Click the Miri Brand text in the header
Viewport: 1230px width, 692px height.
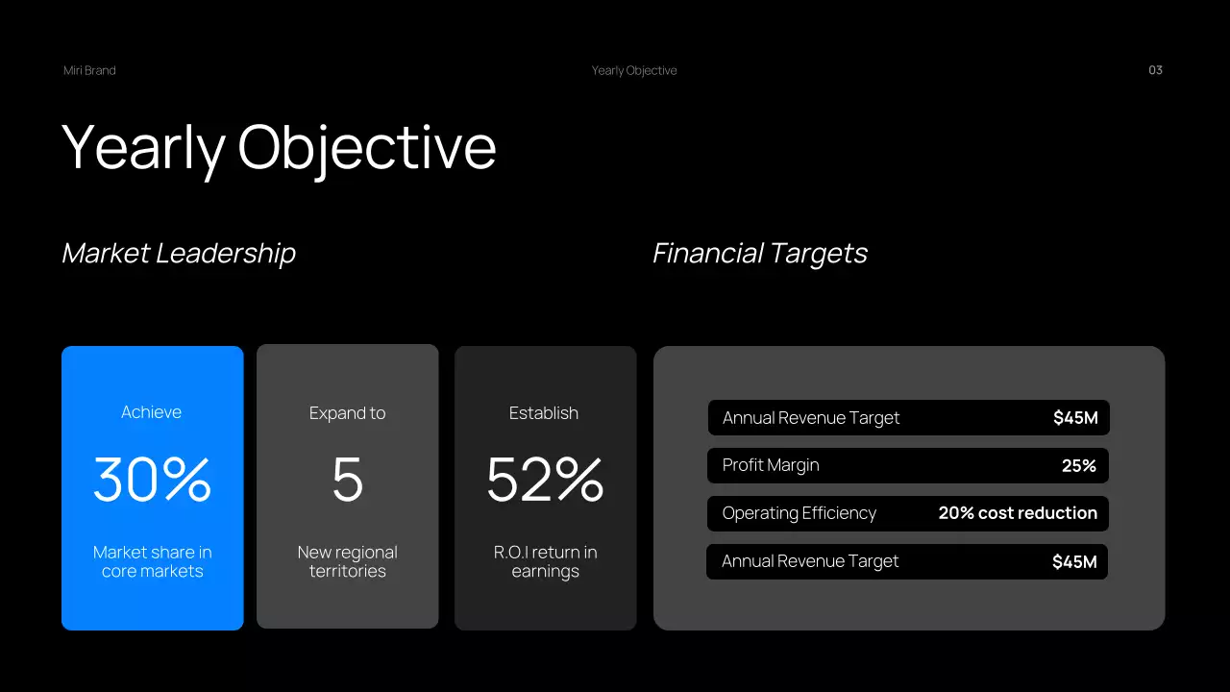tap(89, 70)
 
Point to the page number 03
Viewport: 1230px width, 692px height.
tap(1155, 70)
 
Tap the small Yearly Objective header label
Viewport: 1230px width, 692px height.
tap(634, 70)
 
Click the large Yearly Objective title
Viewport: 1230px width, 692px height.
tap(279, 147)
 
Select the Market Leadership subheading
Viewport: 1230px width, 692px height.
tap(179, 253)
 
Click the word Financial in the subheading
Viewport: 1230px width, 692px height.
tap(709, 253)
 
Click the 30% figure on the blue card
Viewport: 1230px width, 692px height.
tap(152, 480)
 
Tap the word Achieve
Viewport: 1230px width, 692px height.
tap(151, 412)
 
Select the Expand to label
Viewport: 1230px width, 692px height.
tap(347, 413)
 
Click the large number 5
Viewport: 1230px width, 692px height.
tap(347, 480)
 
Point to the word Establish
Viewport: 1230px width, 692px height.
tap(544, 413)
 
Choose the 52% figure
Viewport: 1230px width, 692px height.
tap(545, 480)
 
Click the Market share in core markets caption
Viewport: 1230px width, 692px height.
tap(152, 561)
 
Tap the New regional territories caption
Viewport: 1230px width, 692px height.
tap(347, 561)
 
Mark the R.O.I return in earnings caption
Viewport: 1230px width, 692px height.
tap(545, 561)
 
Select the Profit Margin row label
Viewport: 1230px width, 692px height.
tap(771, 465)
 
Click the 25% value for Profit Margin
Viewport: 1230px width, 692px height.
tap(1078, 465)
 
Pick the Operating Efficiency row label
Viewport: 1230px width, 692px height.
tap(799, 513)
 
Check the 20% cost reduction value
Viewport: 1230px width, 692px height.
tap(1018, 513)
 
